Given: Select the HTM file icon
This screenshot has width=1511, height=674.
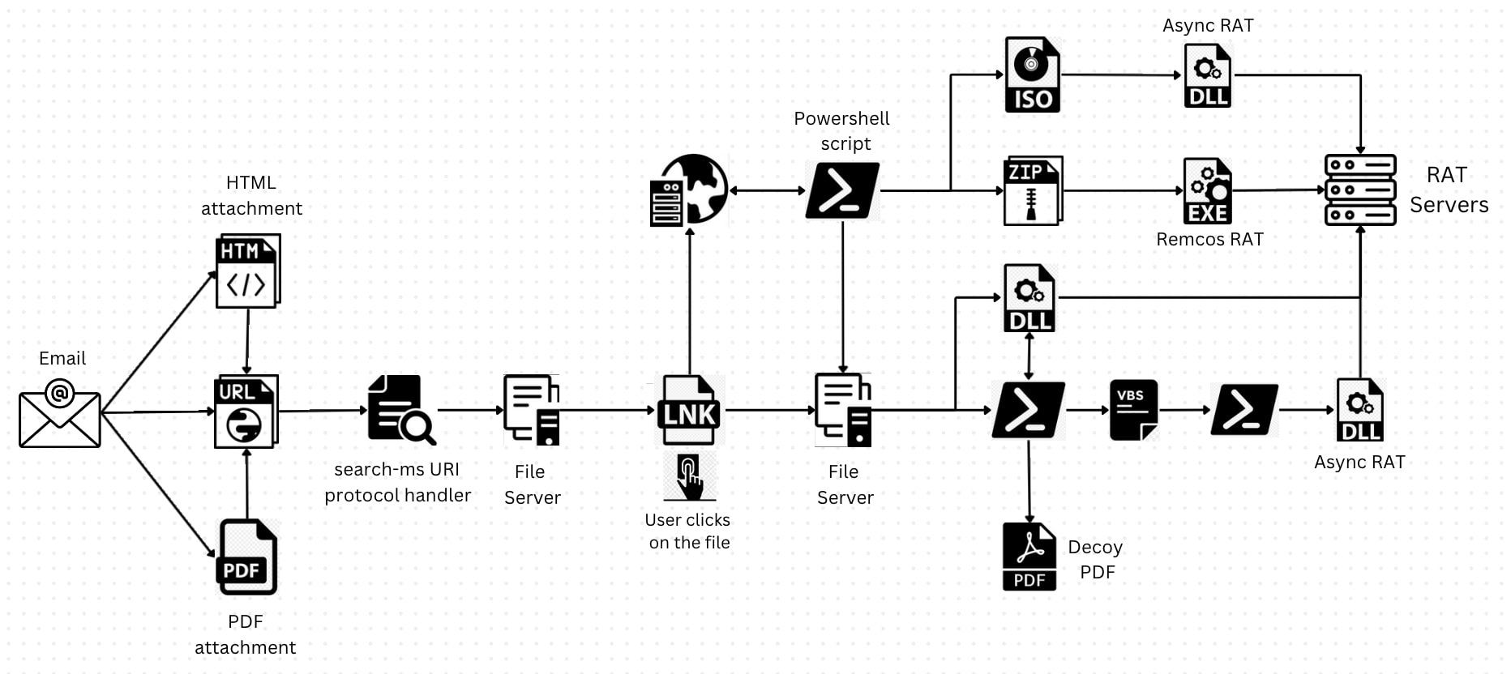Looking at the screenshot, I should coord(247,271).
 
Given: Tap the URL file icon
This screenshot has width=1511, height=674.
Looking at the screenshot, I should coord(246,411).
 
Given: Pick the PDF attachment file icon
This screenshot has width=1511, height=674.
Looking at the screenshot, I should coord(247,557).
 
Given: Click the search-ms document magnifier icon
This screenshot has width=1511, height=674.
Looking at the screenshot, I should coord(400,410).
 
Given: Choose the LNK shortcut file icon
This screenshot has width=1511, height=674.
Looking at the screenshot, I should coord(689,411).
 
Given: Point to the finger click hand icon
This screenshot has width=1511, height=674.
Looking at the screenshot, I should coord(690,477).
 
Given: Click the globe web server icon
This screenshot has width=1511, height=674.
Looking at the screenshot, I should coord(689,190).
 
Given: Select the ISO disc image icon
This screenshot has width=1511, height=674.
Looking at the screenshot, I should coord(1032,75).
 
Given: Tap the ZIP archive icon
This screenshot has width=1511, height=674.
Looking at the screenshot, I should coord(1033,191).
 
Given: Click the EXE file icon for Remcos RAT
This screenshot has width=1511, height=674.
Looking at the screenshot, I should coord(1207,191).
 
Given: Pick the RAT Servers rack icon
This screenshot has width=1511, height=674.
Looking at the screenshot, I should coord(1359,190).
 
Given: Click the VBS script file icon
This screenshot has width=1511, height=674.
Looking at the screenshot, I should coord(1133,410).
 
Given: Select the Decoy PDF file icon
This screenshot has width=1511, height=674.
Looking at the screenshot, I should coord(1029,557).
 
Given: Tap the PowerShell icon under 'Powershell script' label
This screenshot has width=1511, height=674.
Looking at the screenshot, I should coord(842,191).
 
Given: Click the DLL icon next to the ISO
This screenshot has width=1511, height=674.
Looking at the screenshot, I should coord(1207,75).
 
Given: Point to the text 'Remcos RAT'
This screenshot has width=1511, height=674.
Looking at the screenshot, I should coord(1209,240).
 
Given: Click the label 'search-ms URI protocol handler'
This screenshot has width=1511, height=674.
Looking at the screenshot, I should coord(397,482).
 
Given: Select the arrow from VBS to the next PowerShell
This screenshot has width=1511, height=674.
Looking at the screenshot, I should coord(1184,410).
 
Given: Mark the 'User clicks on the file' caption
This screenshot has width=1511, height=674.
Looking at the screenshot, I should coord(688,531).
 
